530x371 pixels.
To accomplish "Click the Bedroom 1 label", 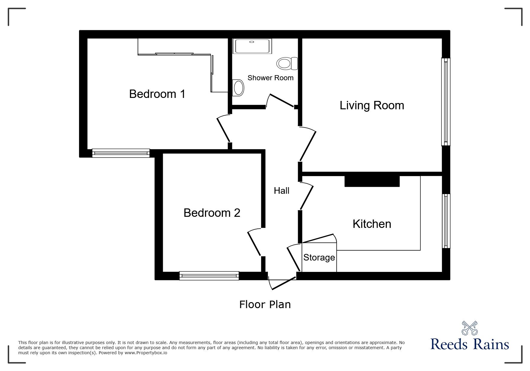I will (157, 94).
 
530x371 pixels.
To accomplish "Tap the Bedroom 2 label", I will (212, 213).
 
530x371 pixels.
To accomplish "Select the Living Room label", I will (372, 105).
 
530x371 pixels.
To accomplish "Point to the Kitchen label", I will (372, 224).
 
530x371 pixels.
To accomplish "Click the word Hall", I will (281, 191).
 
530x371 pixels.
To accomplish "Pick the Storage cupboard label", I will (319, 258).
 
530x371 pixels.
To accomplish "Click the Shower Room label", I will (270, 78).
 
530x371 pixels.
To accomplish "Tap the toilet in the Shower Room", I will (287, 63).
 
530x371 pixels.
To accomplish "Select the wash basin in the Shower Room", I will (238, 88).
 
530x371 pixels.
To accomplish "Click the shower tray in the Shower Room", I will (253, 46).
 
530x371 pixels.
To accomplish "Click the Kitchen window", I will (446, 221).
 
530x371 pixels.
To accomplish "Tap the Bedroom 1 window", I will (121, 153).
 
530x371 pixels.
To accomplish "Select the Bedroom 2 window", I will (209, 276).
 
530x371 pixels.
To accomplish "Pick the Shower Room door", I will (281, 101).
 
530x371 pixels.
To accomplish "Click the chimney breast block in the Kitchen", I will (372, 181).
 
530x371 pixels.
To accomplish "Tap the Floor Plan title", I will (265, 305).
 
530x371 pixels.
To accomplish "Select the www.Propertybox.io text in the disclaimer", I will (146, 353).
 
